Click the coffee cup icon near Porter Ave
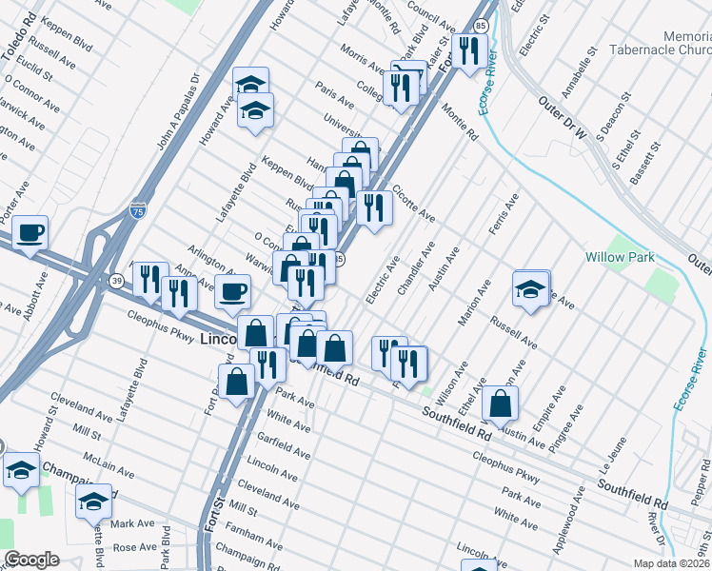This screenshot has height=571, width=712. pyautogui.click(x=30, y=231)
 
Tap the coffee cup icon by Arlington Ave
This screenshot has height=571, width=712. pyautogui.click(x=232, y=291)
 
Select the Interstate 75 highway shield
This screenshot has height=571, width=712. pyautogui.click(x=138, y=205)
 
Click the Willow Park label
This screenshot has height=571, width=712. pyautogui.click(x=619, y=257)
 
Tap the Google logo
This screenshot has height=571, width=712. pyautogui.click(x=30, y=559)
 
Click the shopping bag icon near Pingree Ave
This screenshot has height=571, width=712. pyautogui.click(x=501, y=403)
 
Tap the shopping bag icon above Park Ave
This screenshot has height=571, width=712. pyautogui.click(x=238, y=381)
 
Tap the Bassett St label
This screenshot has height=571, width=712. pyautogui.click(x=652, y=164)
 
